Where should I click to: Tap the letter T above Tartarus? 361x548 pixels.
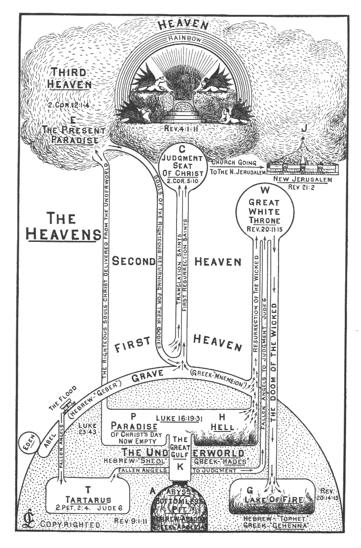pos(88,490)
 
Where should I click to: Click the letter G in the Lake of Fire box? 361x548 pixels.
pos(249,490)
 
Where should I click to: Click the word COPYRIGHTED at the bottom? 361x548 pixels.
pos(71,524)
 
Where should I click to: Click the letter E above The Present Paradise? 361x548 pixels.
pos(73,119)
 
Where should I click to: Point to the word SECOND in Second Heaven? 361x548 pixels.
pos(134,262)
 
